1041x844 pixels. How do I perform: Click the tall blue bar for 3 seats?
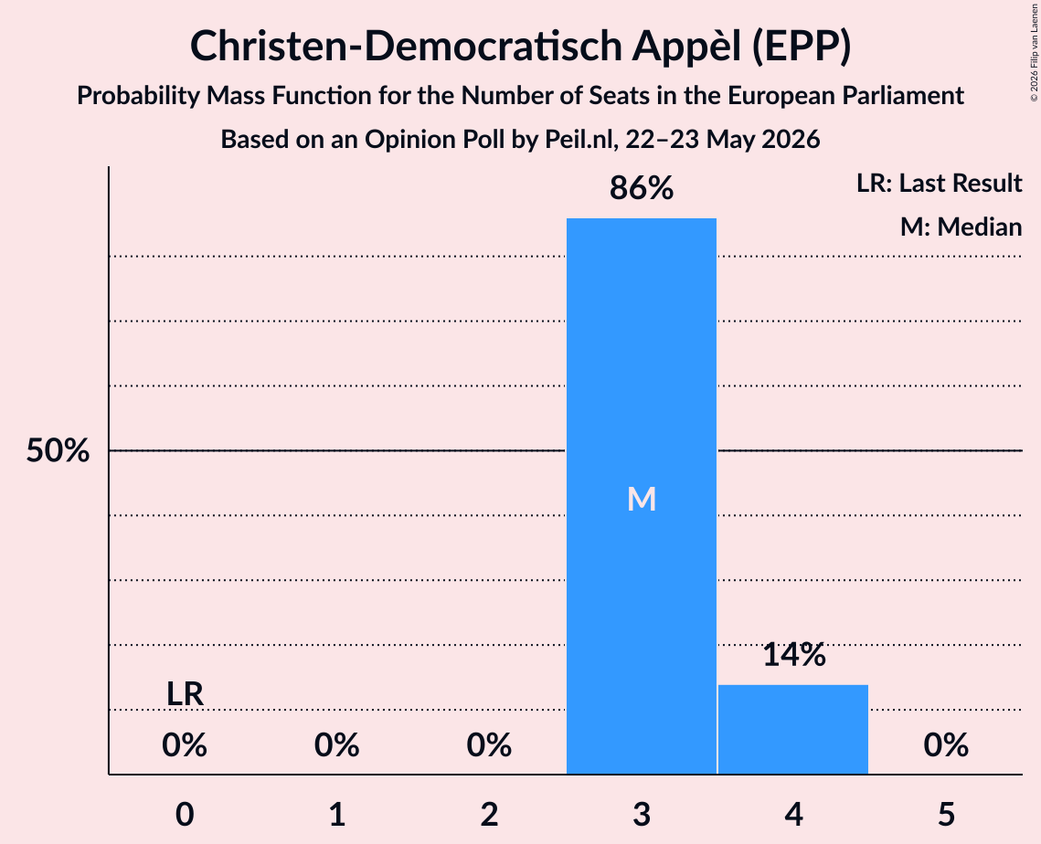pos(642,496)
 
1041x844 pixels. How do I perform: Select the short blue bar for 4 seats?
pos(793,729)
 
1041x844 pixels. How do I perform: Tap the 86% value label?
pos(642,188)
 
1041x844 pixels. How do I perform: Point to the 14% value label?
pos(794,654)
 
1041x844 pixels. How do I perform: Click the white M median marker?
pos(642,499)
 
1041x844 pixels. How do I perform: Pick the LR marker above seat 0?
pos(185,694)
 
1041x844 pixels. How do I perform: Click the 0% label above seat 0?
pos(185,745)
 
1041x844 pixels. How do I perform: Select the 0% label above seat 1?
pos(336,745)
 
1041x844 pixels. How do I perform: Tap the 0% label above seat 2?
pos(489,745)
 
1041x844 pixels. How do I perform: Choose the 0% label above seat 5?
pos(946,745)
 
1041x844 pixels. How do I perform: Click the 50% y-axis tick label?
pos(58,450)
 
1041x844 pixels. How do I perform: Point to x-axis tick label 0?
pos(185,814)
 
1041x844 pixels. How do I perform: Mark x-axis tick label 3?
pos(642,814)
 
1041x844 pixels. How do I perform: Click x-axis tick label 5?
pos(946,814)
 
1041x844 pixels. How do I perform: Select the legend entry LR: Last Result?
pos(940,183)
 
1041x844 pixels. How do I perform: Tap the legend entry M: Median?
pos(961,227)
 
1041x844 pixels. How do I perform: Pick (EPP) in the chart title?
pos(802,47)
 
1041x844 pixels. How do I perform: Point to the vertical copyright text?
pos(1034,52)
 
